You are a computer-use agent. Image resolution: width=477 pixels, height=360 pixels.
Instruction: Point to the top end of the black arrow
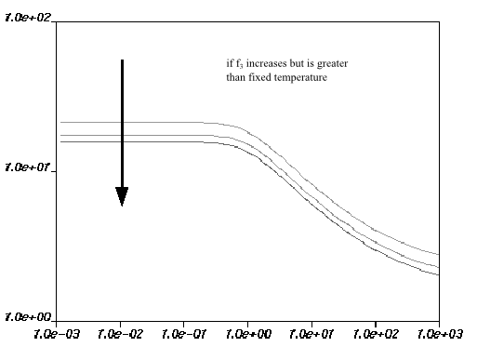(x=122, y=60)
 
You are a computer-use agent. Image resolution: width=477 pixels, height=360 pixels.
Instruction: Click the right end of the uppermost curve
(x=438, y=254)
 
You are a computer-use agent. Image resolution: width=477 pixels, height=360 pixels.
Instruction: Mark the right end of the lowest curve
(x=438, y=274)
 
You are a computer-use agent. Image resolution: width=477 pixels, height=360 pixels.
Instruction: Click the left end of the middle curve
(x=60, y=135)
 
